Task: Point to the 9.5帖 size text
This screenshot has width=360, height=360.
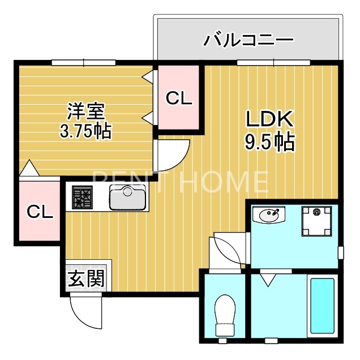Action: point(269,142)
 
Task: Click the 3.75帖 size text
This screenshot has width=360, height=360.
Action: point(85,131)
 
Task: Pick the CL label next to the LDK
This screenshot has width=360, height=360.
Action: point(179,98)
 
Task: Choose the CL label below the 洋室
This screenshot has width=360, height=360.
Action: point(40,212)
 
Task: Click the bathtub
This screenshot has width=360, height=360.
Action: point(322,306)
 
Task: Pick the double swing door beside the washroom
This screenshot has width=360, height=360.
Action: point(229,252)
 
